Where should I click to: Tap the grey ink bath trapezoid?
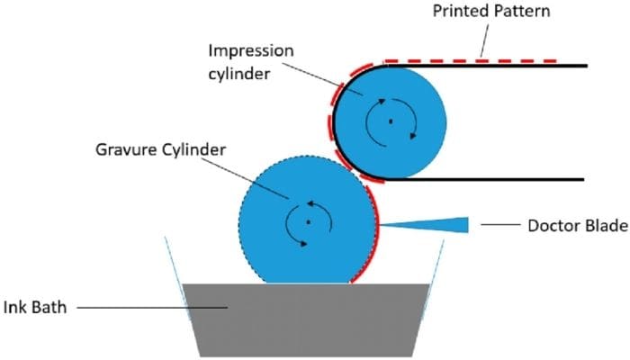(x=306, y=319)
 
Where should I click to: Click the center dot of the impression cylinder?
(x=390, y=121)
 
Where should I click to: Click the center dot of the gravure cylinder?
(x=306, y=220)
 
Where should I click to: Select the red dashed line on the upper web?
(x=486, y=60)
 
